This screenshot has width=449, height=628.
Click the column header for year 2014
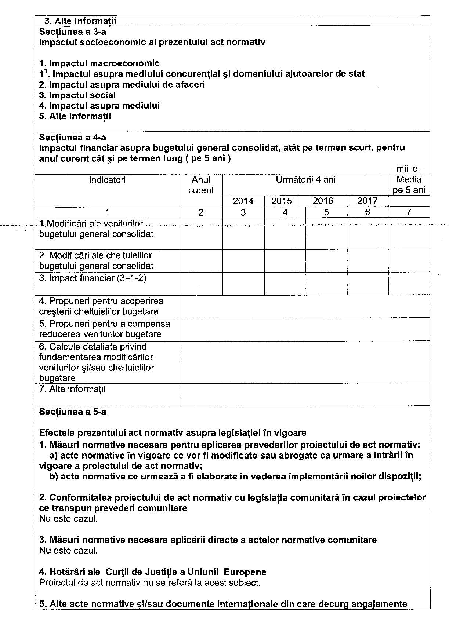(x=243, y=201)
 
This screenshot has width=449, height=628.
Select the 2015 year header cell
(x=282, y=201)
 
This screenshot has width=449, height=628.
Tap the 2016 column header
(x=323, y=201)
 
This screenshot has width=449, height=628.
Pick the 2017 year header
(x=367, y=201)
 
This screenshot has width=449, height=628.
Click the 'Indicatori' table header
(x=107, y=180)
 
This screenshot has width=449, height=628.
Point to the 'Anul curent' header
(x=201, y=185)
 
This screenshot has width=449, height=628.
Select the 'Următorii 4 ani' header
(x=305, y=179)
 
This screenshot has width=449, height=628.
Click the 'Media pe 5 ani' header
(x=409, y=185)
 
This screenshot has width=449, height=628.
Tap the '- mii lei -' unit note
(x=408, y=169)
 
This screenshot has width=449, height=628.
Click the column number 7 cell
(x=409, y=212)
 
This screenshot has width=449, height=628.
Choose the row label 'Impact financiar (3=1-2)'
(x=93, y=278)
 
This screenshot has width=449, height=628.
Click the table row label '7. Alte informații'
(x=72, y=389)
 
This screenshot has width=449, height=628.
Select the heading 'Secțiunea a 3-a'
(x=73, y=32)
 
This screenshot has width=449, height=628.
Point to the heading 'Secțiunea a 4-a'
(x=73, y=138)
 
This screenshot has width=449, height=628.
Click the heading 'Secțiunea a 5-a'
(x=73, y=412)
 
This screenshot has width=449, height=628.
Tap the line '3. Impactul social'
(x=77, y=95)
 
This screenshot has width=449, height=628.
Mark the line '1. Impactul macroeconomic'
(x=99, y=63)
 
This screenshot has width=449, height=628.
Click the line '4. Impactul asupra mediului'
(x=99, y=106)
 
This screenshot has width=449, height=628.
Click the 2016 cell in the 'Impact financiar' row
(x=326, y=284)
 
